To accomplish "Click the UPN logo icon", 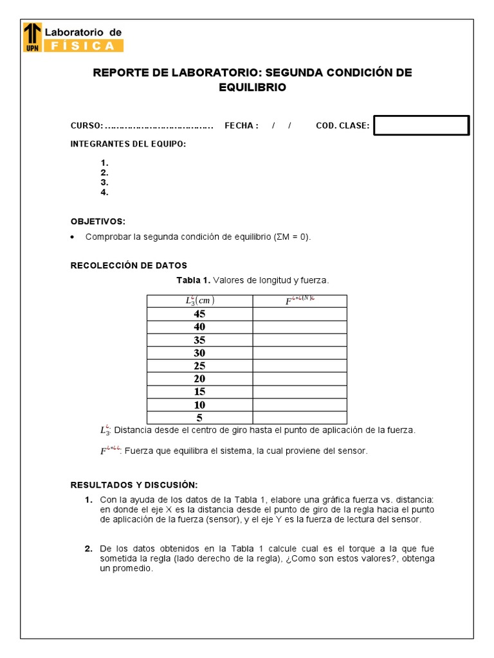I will pos(32,37).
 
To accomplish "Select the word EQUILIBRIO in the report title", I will pos(252,87).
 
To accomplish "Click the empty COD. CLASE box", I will pos(421,126).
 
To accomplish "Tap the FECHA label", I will pos(241,126).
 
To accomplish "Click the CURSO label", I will pos(86,126).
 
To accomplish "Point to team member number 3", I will pos(104,182).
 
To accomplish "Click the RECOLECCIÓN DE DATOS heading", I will pos(129,265).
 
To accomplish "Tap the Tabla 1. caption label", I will pos(193,280).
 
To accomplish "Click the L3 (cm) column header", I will pos(199,301).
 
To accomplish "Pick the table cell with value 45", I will pos(199,314).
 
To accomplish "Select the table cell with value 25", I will pos(199,366).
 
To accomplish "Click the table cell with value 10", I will pos(199,405).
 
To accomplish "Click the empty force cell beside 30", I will pos(299,353).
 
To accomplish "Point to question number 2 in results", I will pos(88,549).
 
